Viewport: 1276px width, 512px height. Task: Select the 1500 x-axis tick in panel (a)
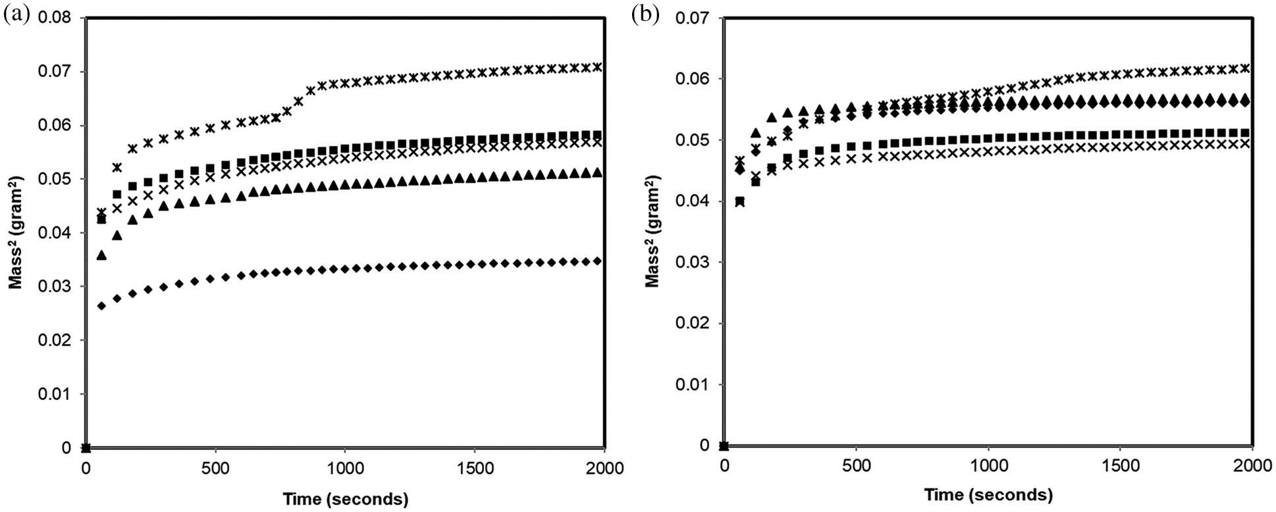(x=475, y=469)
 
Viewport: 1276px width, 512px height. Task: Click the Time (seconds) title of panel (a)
(x=346, y=499)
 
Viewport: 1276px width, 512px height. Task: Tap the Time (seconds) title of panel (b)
(x=988, y=495)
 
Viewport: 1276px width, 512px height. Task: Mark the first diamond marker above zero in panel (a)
(x=101, y=305)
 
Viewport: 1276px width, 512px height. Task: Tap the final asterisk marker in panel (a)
(x=597, y=66)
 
